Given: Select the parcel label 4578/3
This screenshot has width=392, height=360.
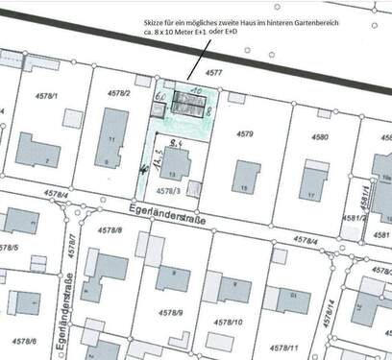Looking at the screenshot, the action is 166,191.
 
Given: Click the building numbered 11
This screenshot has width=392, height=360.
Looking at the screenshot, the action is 112,139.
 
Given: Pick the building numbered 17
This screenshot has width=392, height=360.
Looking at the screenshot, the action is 312,181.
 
